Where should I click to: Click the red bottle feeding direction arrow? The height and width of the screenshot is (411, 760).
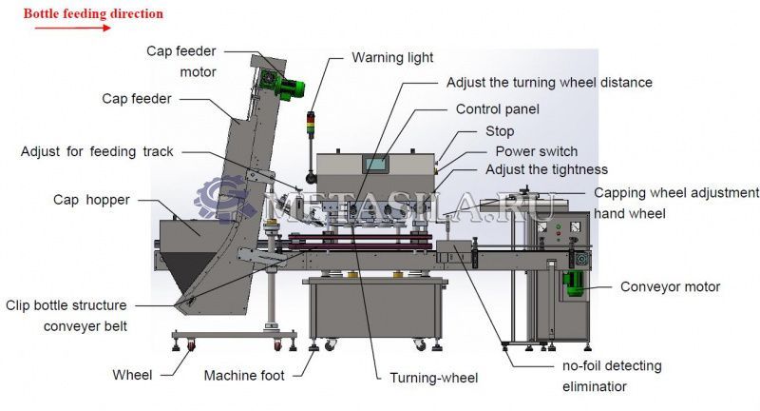click(73, 28)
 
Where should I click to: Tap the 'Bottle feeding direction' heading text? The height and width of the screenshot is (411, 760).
click(93, 13)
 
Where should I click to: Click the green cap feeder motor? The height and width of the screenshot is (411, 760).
click(282, 85)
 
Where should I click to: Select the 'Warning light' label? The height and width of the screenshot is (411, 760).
click(392, 58)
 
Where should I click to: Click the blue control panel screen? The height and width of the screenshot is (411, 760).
click(375, 164)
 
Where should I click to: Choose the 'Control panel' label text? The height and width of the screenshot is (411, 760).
click(497, 109)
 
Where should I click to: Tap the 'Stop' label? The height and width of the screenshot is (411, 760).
click(500, 131)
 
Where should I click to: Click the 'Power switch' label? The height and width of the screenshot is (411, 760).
click(537, 151)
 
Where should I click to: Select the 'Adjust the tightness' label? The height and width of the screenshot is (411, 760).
click(547, 170)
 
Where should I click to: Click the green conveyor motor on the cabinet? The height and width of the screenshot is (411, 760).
click(574, 284)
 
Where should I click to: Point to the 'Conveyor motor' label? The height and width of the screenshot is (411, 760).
click(671, 286)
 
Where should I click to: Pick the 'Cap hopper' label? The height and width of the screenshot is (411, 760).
click(91, 200)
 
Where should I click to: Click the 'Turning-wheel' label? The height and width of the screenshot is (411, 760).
click(434, 378)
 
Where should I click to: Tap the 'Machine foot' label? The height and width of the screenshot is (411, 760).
click(244, 376)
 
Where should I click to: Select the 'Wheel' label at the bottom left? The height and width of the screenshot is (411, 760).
click(132, 375)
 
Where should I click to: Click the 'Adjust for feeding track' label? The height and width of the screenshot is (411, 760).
click(97, 152)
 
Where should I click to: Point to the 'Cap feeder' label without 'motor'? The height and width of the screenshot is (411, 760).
click(137, 99)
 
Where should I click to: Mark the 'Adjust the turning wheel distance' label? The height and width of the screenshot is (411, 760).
click(549, 83)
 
